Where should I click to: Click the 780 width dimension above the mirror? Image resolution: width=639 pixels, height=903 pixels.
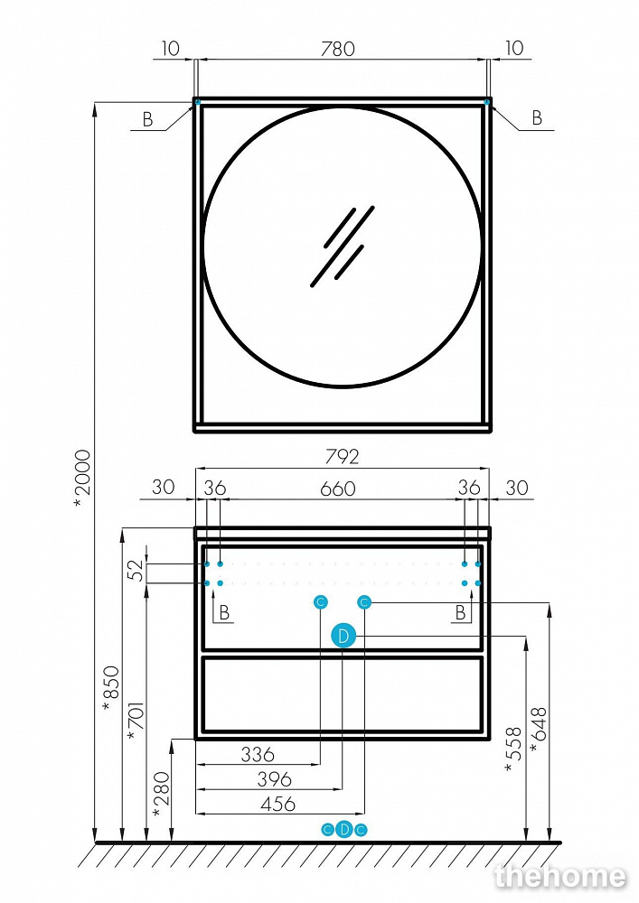coord(338,49)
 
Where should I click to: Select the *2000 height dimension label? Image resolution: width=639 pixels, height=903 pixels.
coord(83,479)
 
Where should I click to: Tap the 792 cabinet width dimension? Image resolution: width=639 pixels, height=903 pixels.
coord(343,457)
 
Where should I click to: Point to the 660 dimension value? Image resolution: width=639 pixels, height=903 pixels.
coord(338,489)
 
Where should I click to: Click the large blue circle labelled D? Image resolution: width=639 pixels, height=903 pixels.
coord(343,637)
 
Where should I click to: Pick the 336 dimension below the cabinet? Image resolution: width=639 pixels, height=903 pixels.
coord(258,754)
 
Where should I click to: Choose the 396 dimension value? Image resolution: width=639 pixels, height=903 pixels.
coord(274,779)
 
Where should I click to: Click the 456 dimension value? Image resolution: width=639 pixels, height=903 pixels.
coord(278,804)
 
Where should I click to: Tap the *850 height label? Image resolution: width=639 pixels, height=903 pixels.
coord(111,689)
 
